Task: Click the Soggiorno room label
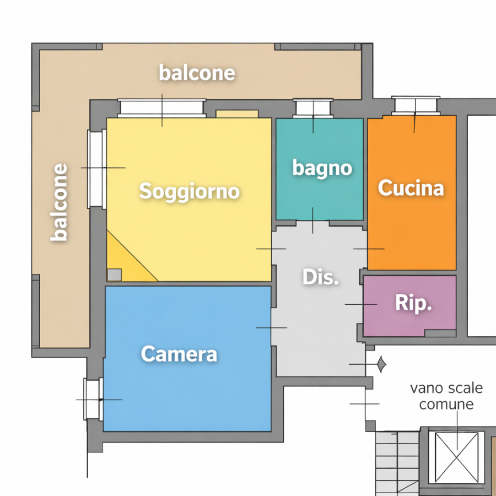click(x=190, y=192)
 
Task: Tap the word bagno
click(x=322, y=168)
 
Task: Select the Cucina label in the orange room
click(x=411, y=188)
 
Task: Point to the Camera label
click(x=179, y=354)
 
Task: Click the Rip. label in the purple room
click(x=413, y=304)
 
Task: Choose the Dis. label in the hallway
click(x=320, y=277)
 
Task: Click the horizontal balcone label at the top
click(x=197, y=73)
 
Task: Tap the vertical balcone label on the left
click(x=59, y=202)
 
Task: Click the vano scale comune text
click(x=446, y=396)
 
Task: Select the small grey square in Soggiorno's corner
click(x=115, y=275)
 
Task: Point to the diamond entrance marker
click(x=382, y=364)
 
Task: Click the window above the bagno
click(x=313, y=108)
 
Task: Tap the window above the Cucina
click(x=416, y=106)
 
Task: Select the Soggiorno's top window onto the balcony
click(x=162, y=108)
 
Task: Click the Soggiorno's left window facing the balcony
click(x=97, y=169)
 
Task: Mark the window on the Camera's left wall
click(x=93, y=399)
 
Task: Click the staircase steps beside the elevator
click(x=397, y=463)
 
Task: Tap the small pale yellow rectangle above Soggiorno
click(x=237, y=114)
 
